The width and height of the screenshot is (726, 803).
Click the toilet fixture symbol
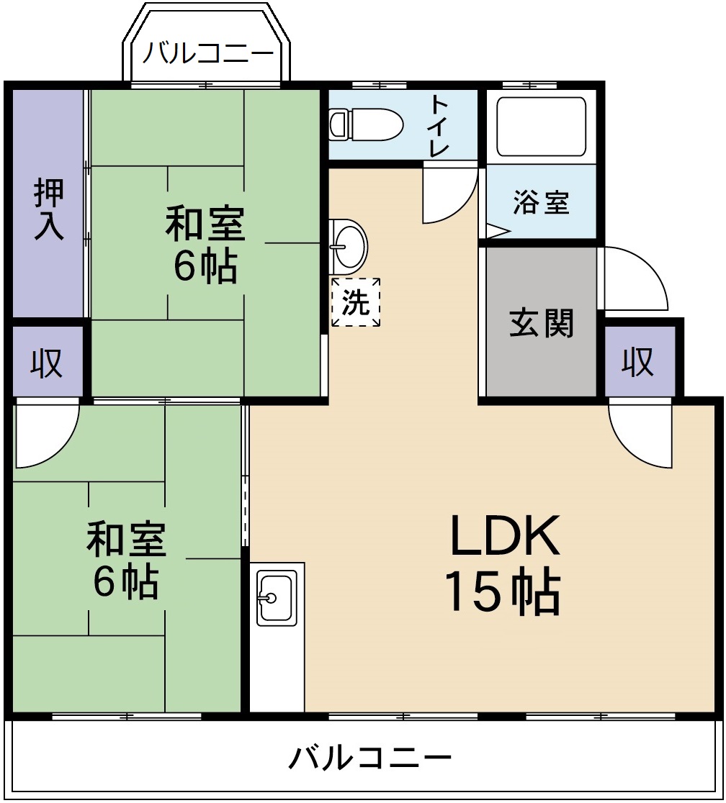pos(365,124)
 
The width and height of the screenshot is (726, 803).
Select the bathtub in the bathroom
pos(541,126)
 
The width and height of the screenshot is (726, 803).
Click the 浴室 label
pos(542,203)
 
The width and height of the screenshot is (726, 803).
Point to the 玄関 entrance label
pos(542,323)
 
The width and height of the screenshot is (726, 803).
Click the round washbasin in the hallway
pos(348,245)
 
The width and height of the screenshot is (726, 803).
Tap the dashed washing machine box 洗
pos(356,303)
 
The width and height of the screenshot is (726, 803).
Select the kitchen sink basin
pos(277,597)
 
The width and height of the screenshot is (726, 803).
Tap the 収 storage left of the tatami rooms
pos(48,363)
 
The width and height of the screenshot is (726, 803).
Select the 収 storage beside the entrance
pos(638,361)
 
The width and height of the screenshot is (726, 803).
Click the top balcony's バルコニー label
pos(207,54)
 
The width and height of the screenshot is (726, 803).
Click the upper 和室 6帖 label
pos(205,245)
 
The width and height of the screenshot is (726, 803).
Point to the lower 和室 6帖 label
pos(126,561)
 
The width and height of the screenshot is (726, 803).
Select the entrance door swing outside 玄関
pos(634,278)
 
